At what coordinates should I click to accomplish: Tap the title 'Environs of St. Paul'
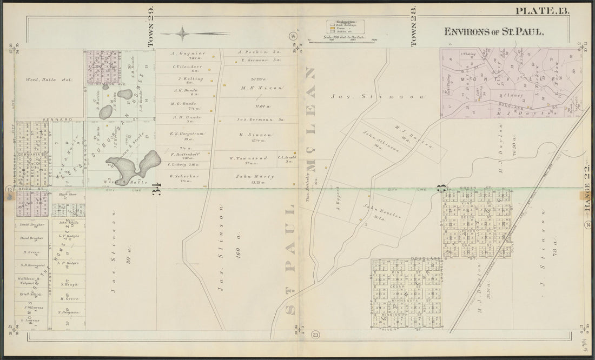[x=493, y=31]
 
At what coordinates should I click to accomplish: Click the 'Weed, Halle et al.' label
[x=49, y=80]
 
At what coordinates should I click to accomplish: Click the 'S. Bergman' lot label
[x=69, y=312]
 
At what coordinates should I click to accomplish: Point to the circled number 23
[x=316, y=335]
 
